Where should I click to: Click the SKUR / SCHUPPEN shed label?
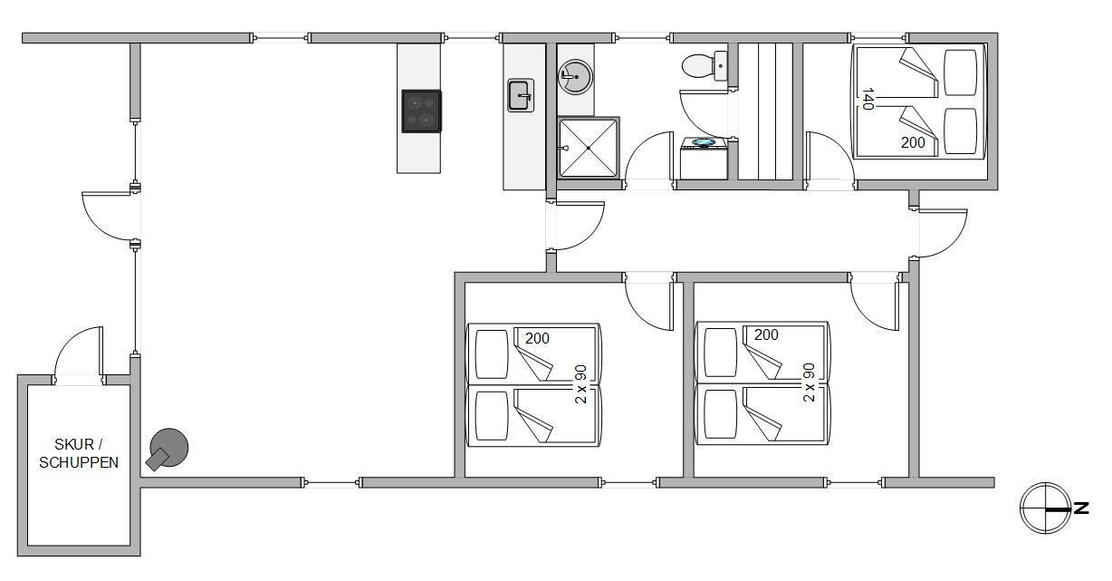pos(79,453)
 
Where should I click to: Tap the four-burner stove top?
pos(421,111)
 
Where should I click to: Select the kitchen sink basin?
pos(521,95)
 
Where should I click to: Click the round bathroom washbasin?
pos(575,76)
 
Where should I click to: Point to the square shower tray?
pos(589,148)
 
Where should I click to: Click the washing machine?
pos(704,159)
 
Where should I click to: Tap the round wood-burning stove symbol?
pos(168,450)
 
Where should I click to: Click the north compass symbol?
pos(1045,508)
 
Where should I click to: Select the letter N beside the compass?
pos(1080,508)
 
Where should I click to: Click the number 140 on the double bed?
pos(868,99)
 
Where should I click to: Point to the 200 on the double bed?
pos(913,142)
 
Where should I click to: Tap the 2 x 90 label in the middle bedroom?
pos(580,384)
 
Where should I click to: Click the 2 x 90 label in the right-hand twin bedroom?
pos(809,382)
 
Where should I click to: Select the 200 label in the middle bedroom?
pos(537,338)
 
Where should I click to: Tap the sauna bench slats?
pos(765,111)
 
